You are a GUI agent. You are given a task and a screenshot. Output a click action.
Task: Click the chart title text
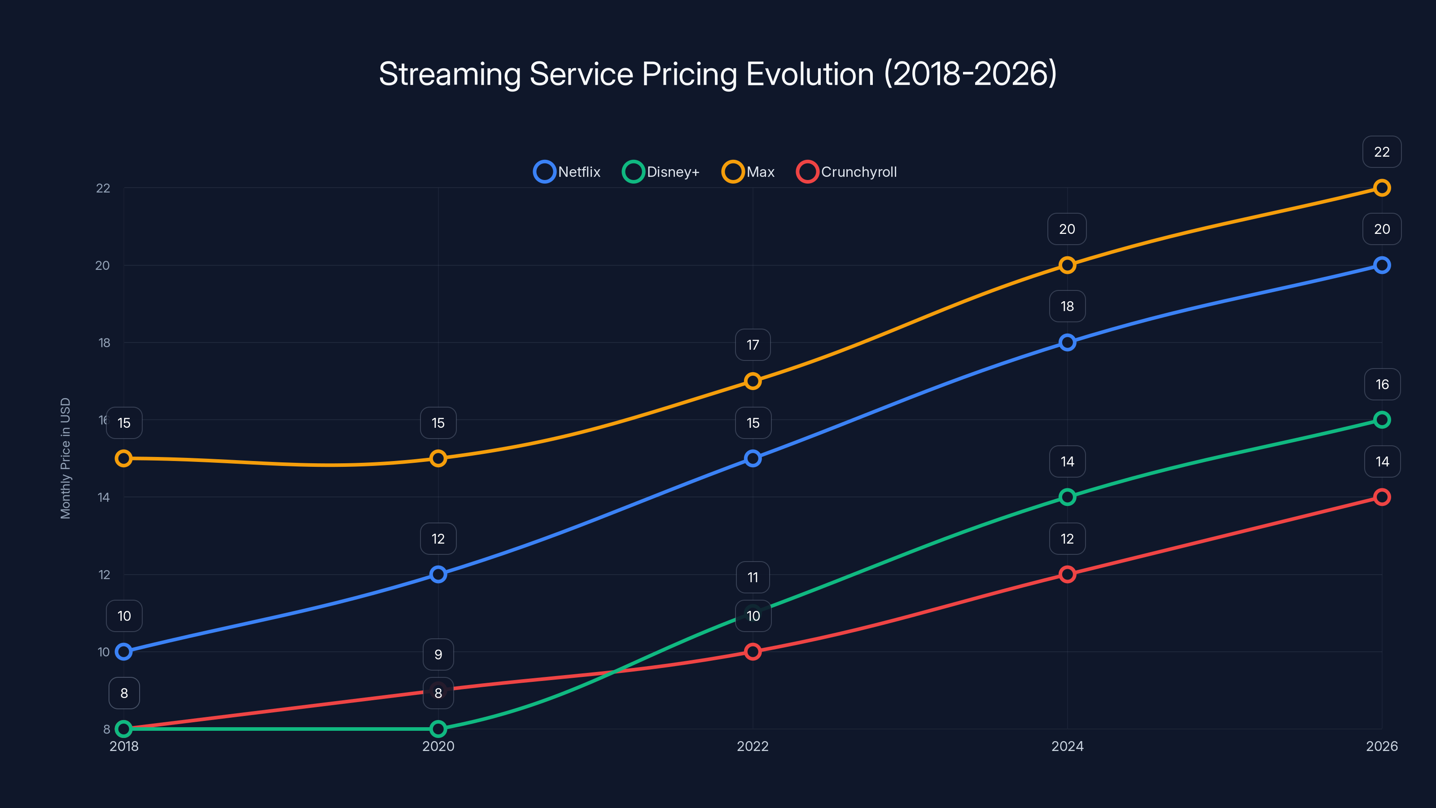718,74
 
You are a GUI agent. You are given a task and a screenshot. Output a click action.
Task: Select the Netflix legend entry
567,172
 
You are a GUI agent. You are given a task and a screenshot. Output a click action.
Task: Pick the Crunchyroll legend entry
847,172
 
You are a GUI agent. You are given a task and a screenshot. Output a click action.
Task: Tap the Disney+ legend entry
661,172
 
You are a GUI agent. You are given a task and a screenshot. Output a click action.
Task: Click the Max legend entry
748,172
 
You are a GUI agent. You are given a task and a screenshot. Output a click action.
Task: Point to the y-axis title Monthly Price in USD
66,458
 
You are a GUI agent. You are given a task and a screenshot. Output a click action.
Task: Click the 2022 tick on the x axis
753,746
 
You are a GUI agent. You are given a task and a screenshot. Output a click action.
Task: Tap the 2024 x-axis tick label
1067,746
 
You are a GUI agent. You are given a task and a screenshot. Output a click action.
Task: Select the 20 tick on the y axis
103,265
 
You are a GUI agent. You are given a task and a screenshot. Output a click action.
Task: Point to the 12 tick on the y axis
104,575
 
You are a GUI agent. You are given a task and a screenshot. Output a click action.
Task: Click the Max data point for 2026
1381,188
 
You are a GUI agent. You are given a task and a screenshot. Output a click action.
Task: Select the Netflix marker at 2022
753,458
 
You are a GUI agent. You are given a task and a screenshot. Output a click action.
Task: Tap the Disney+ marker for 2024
1067,497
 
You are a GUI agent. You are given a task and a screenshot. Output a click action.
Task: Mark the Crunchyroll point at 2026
1381,497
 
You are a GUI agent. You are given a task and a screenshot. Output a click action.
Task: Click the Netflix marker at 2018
124,651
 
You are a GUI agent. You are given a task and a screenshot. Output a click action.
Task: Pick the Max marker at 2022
753,381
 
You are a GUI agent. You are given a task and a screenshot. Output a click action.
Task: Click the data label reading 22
1381,152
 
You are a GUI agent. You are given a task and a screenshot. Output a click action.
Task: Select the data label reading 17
753,345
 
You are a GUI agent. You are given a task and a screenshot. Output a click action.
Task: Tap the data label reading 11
753,577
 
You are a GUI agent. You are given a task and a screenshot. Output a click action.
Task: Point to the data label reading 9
438,654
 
